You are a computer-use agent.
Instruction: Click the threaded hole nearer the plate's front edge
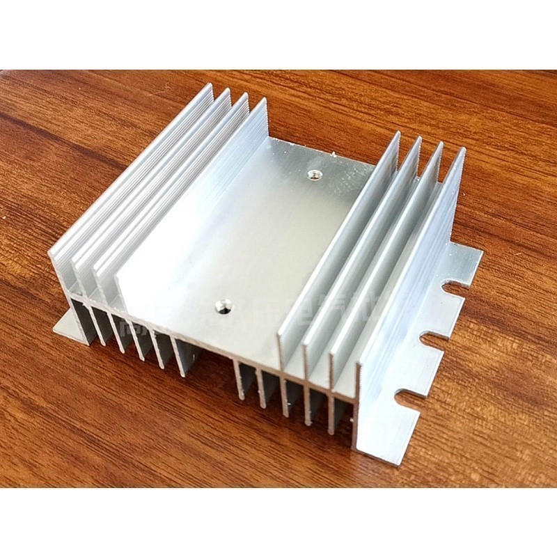pyautogui.click(x=223, y=304)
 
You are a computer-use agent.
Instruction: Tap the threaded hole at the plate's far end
pyautogui.click(x=313, y=173)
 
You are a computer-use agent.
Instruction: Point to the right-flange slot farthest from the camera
pyautogui.click(x=456, y=286)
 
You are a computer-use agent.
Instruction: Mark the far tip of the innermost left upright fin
pyautogui.click(x=264, y=102)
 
